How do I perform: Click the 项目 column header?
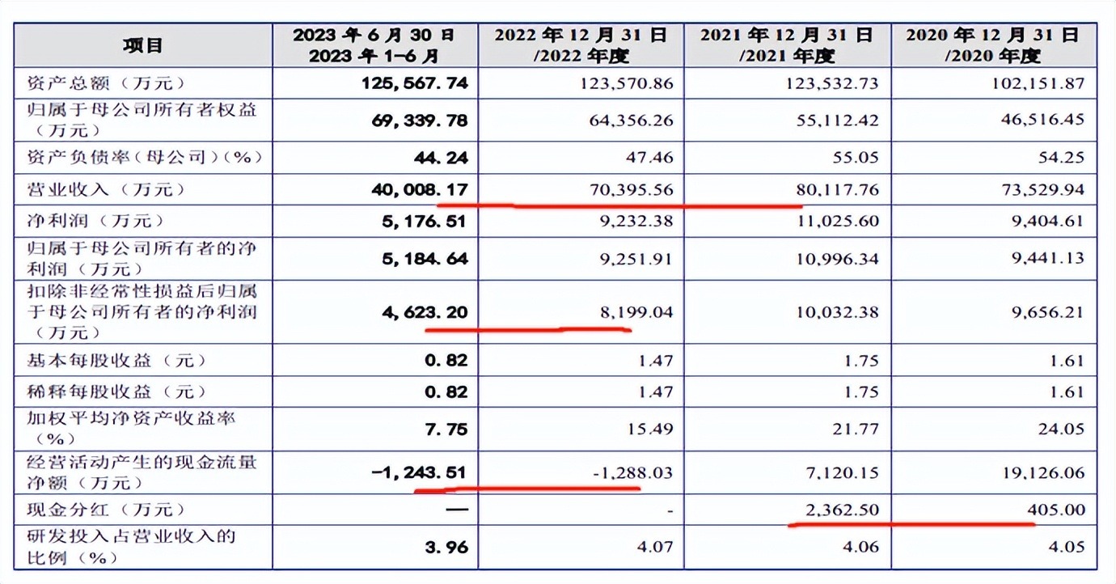[143, 45]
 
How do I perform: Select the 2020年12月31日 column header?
[992, 45]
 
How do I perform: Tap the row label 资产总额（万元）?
[107, 83]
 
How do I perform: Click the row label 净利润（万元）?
[95, 221]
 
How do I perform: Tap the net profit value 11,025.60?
[835, 221]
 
